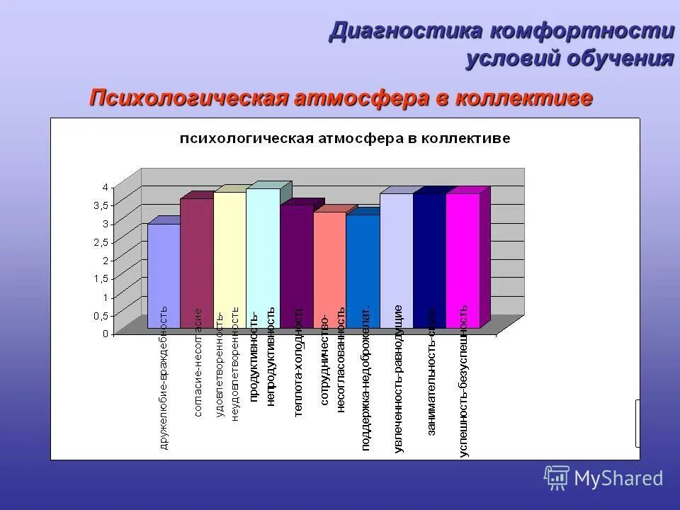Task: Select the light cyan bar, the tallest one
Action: click(x=263, y=258)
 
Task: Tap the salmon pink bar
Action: click(x=329, y=269)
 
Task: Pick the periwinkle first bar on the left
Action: click(x=163, y=276)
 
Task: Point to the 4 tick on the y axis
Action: click(x=104, y=187)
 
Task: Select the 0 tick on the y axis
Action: click(x=104, y=334)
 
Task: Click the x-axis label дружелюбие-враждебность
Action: click(x=164, y=378)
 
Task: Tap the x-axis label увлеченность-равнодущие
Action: click(x=398, y=378)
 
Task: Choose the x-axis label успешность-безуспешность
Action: click(x=463, y=381)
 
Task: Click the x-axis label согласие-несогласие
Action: click(x=198, y=363)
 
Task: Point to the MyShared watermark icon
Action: click(x=557, y=477)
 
